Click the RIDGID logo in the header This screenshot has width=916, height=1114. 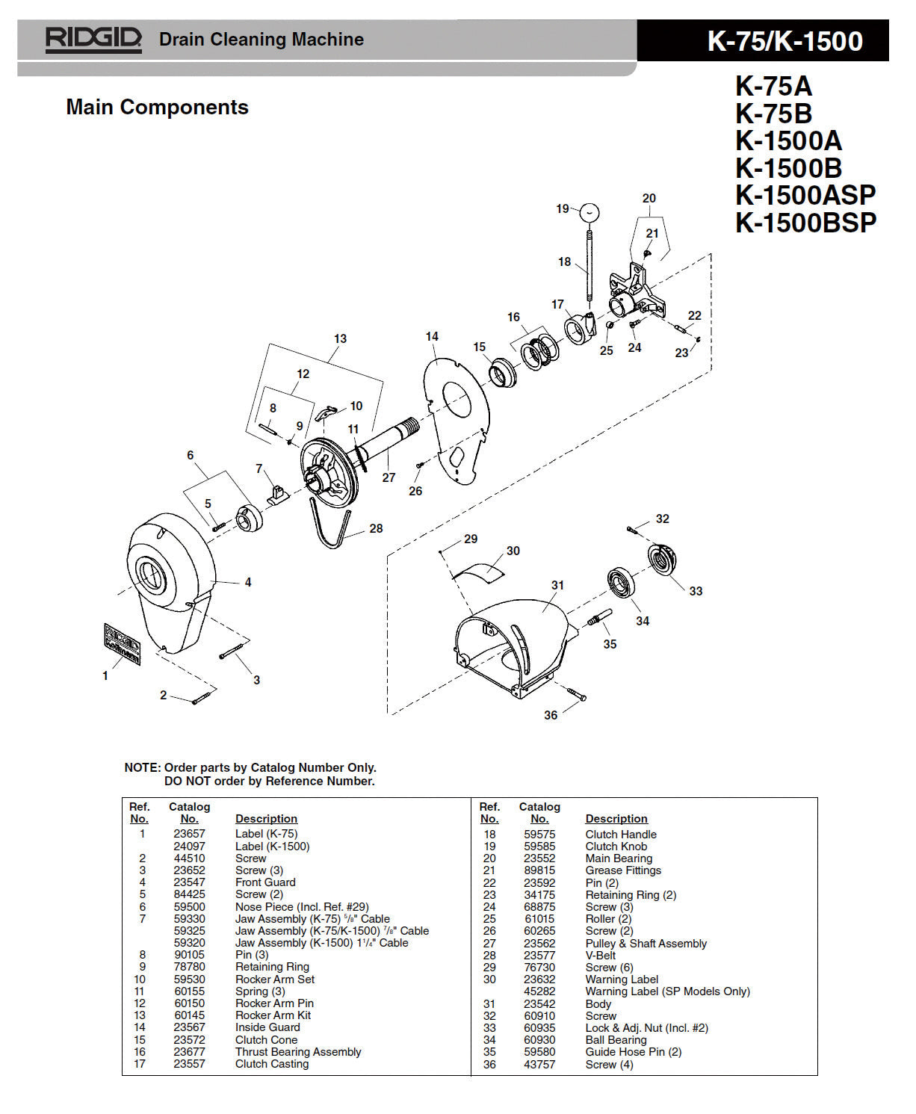[93, 39]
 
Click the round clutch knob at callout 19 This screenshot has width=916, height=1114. [590, 212]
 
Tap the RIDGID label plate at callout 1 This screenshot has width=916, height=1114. [123, 644]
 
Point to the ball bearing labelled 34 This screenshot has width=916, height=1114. [620, 583]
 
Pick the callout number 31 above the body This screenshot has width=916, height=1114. [557, 585]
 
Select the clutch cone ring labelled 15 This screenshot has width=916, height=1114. [502, 372]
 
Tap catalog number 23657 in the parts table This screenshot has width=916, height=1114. [189, 834]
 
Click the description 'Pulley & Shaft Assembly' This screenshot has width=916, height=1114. [646, 944]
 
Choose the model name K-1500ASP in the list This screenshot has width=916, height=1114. [805, 195]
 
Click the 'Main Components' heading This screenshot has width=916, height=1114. [157, 107]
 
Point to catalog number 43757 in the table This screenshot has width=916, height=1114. [539, 1064]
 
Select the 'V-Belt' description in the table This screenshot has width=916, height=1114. [601, 956]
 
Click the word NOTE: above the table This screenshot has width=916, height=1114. [142, 767]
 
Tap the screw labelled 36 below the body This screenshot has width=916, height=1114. [575, 694]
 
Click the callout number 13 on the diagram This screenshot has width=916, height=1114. [340, 338]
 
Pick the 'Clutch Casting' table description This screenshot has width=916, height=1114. [272, 1064]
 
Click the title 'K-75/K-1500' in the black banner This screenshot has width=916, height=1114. [785, 41]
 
